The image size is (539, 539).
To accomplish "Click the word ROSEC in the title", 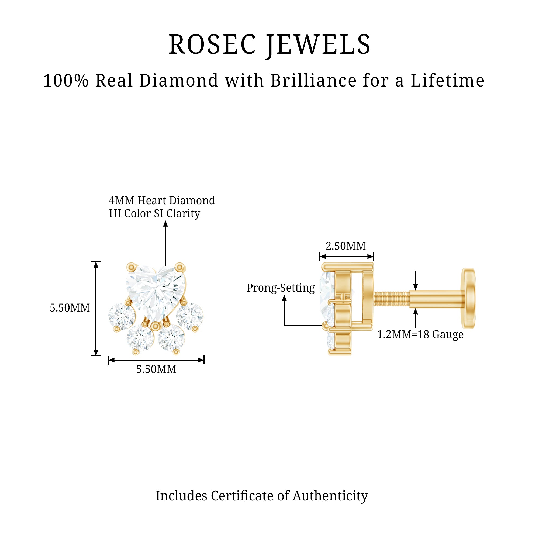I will point(212,45).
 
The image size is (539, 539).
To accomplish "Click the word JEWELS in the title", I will point(318,45).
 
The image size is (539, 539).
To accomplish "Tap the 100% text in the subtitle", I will point(66,81).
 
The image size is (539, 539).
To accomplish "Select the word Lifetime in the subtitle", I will point(447,81).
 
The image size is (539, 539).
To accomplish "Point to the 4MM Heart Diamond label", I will point(162,200).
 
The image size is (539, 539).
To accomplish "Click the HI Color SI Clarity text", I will point(154,213).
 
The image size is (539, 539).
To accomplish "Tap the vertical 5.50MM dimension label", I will point(70,308).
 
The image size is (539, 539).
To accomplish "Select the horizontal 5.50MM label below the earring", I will point(156,369).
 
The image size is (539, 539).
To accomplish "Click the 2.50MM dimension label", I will point(346,246).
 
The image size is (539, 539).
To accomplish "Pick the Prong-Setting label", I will point(280,288).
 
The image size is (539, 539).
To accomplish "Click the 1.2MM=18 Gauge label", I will point(420,334).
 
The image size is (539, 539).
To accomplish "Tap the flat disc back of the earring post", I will point(469,298).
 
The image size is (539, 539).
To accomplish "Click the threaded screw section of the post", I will point(391,299).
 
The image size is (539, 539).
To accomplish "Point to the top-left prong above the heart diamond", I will point(131,267).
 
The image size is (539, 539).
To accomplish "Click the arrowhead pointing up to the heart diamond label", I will point(165,224).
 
